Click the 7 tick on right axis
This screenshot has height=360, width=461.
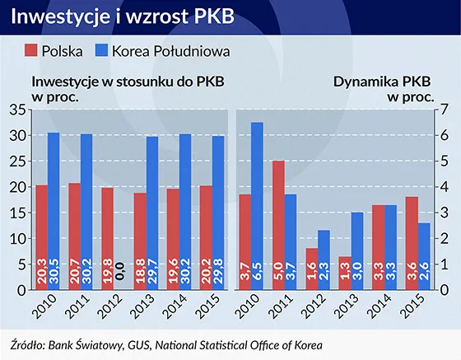click(445, 110)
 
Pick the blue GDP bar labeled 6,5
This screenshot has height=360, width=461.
click(258, 206)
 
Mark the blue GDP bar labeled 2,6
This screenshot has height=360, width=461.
click(424, 256)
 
